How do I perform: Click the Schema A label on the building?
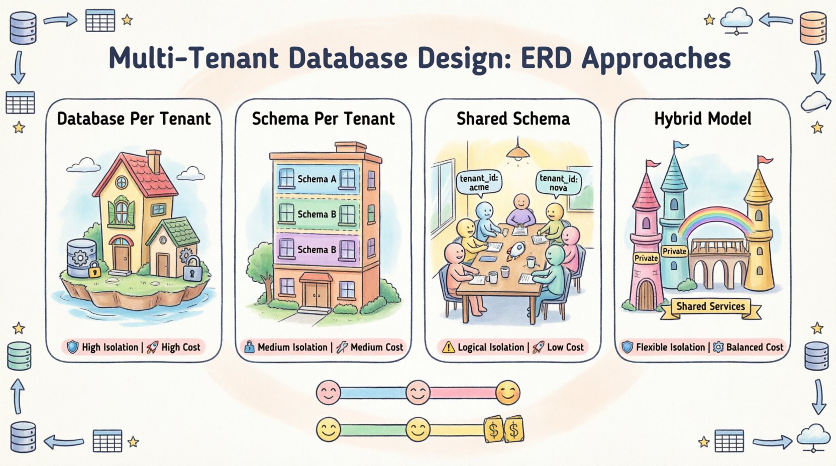[x=317, y=179]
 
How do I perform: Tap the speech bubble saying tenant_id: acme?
[x=479, y=182]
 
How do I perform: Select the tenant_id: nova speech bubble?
[x=558, y=182]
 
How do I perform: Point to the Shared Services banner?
[x=710, y=306]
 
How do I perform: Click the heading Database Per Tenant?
[x=134, y=119]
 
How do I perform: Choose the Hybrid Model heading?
[x=702, y=119]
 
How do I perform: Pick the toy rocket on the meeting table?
[x=516, y=251]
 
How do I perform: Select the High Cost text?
[x=181, y=347]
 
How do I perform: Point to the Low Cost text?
[x=565, y=347]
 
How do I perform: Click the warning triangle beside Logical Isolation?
[x=448, y=347]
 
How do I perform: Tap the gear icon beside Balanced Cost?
[x=718, y=347]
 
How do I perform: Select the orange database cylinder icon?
[x=813, y=28]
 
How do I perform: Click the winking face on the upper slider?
[x=507, y=393]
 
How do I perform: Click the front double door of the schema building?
[x=316, y=292]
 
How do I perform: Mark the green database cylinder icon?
[x=20, y=356]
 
